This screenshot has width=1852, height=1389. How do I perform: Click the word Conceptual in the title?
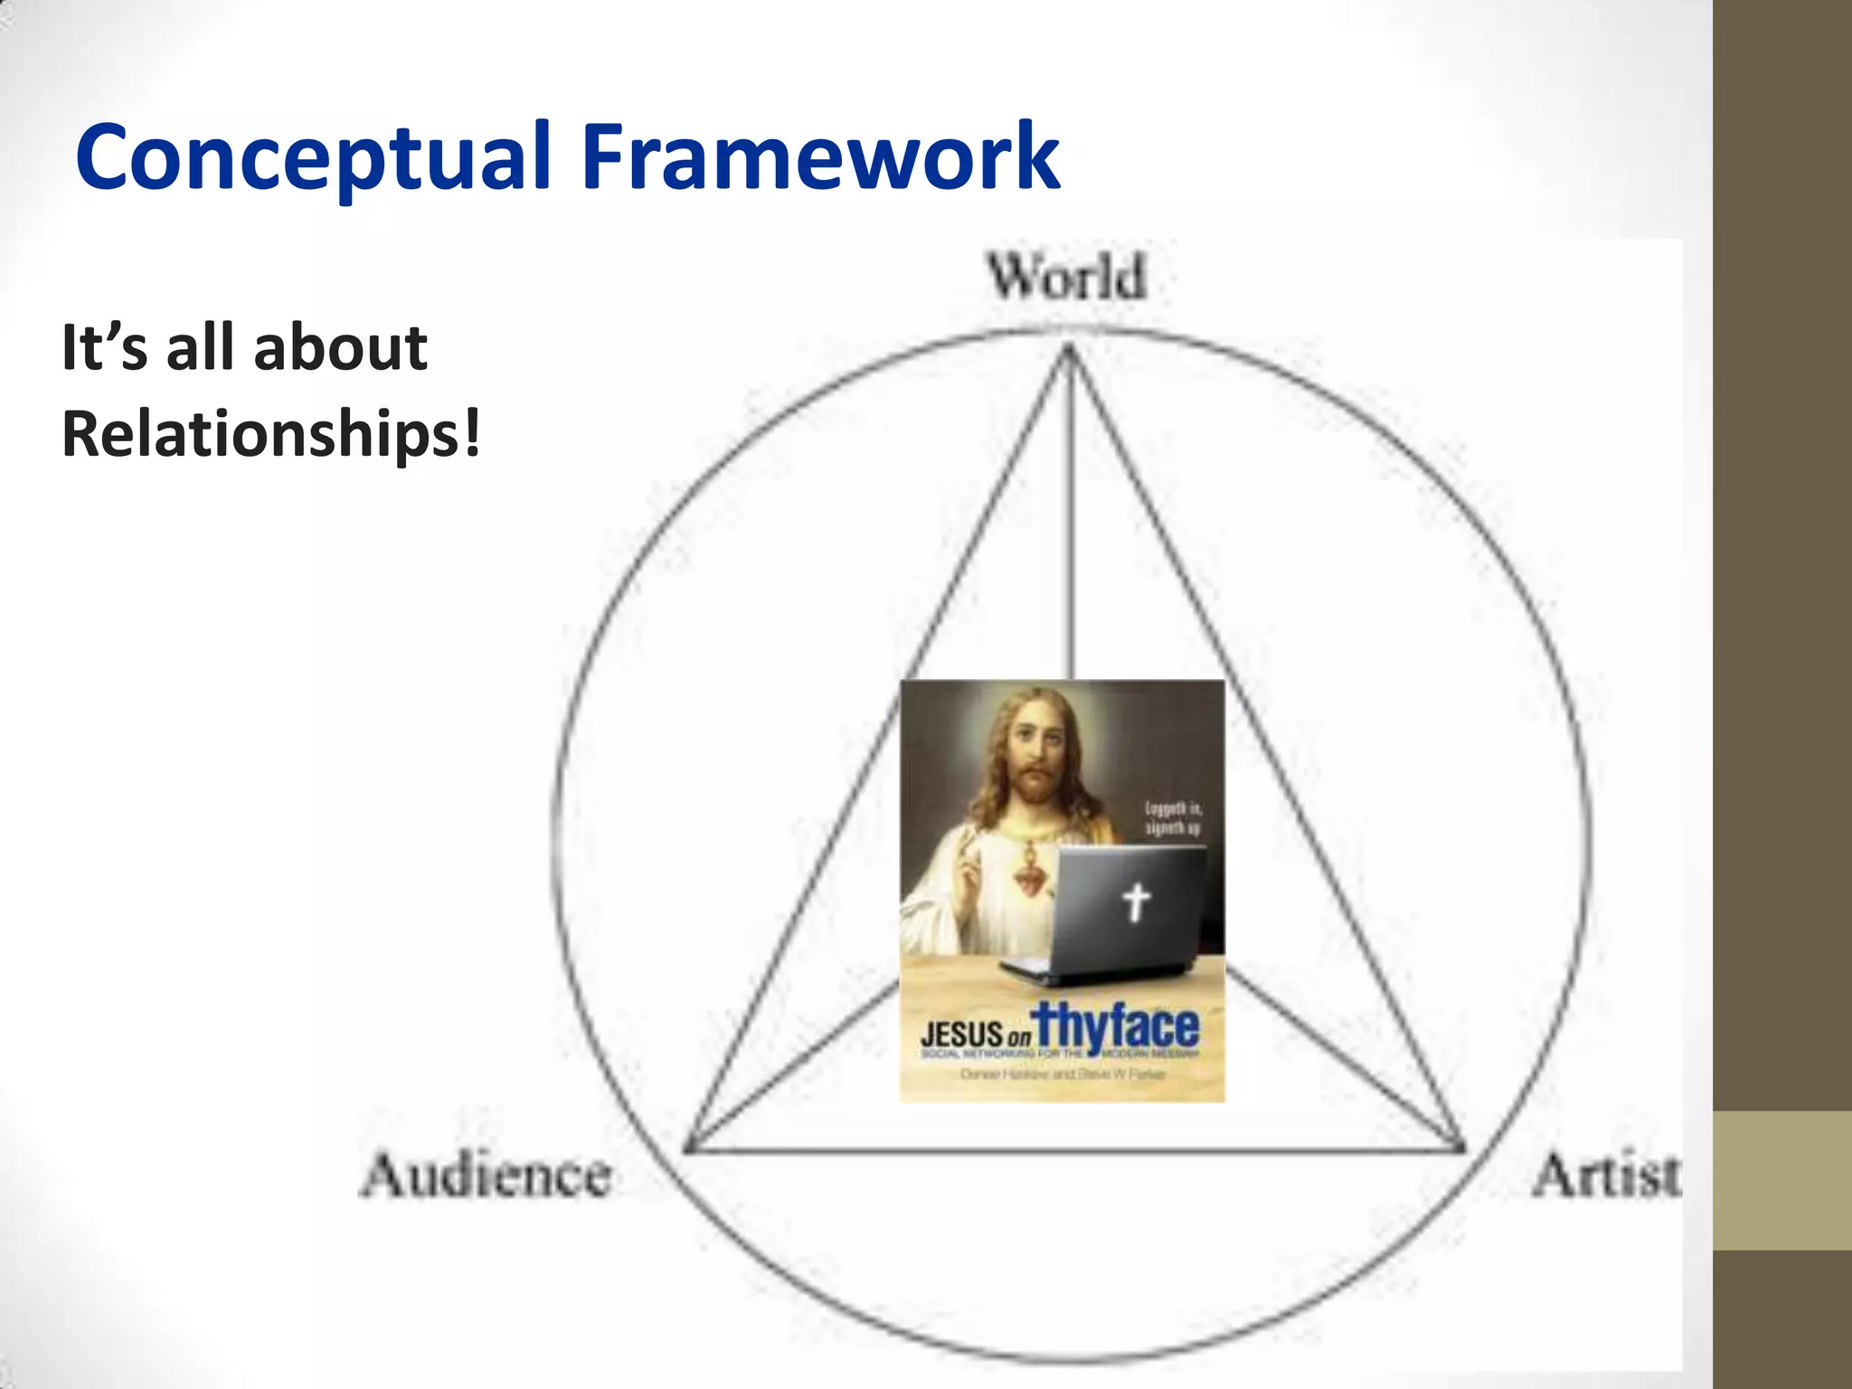pyautogui.click(x=313, y=158)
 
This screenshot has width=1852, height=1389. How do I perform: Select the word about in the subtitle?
pyautogui.click(x=340, y=347)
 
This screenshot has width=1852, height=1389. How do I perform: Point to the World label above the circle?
pyautogui.click(x=1067, y=277)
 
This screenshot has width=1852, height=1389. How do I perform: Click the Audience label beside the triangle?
pyautogui.click(x=487, y=1176)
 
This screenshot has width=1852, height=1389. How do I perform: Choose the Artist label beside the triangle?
pyautogui.click(x=1606, y=1176)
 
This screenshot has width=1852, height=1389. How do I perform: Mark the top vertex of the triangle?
pyautogui.click(x=1069, y=349)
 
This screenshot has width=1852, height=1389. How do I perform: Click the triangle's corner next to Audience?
pyautogui.click(x=688, y=1149)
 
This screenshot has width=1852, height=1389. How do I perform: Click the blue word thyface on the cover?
pyautogui.click(x=1118, y=1027)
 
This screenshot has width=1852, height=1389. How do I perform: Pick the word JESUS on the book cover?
pyautogui.click(x=962, y=1034)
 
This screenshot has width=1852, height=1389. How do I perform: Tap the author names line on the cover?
pyautogui.click(x=1063, y=1075)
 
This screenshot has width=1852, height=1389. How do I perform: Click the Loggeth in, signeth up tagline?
pyautogui.click(x=1173, y=817)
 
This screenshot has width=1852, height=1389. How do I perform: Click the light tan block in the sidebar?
pyautogui.click(x=1781, y=1180)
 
